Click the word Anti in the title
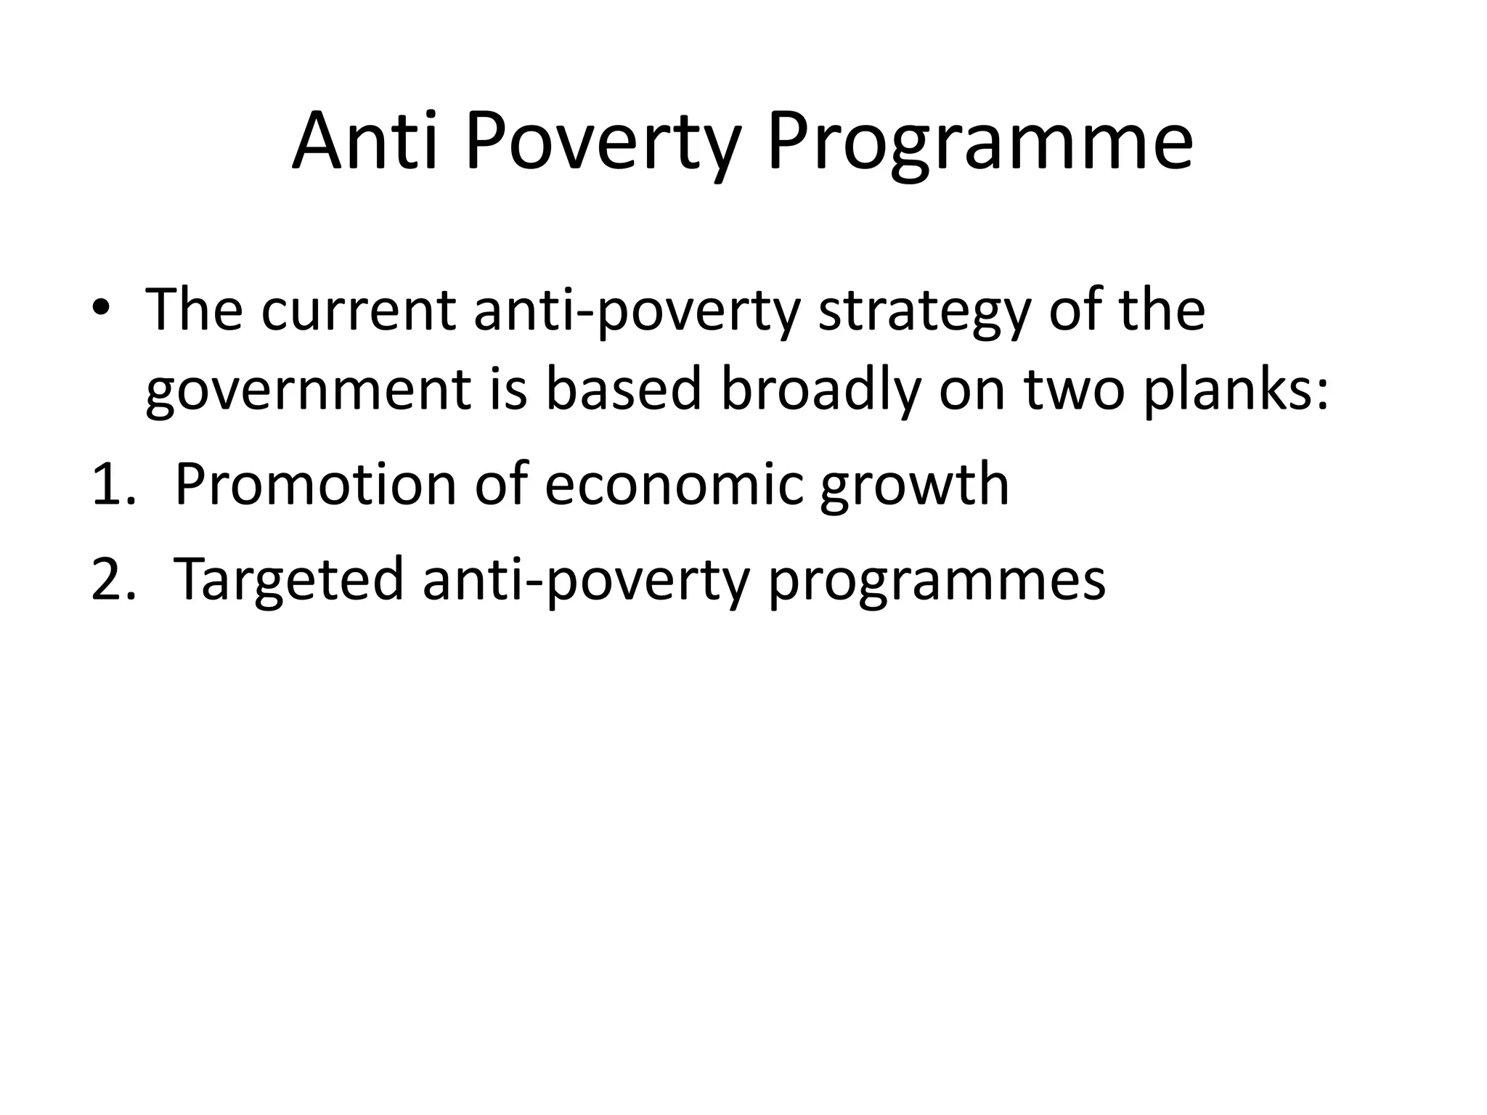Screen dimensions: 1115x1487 (365, 142)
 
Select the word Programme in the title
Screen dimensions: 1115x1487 (979, 142)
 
